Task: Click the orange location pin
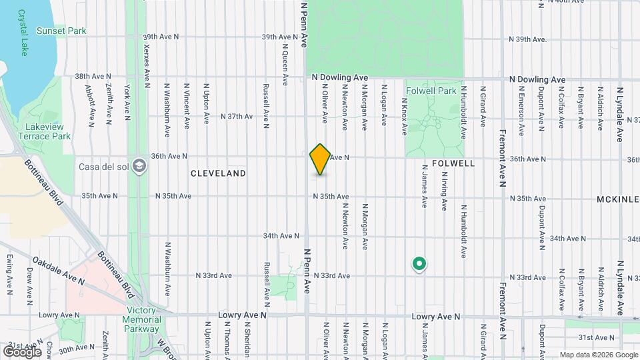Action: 321,159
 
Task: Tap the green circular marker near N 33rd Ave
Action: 419,265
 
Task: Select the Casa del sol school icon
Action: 140,165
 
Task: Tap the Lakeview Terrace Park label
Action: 47,131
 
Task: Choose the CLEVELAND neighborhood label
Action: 218,173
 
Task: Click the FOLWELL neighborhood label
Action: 453,163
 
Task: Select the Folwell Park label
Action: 431,91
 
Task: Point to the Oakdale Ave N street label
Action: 58,271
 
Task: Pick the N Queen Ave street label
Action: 285,65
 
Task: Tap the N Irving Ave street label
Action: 443,191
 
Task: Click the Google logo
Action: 22,351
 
